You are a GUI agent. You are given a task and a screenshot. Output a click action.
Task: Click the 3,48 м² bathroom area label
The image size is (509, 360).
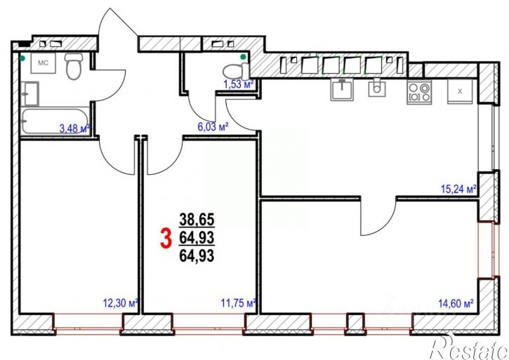[74, 128]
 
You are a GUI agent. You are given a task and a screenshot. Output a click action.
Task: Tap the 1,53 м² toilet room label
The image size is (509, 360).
[238, 84]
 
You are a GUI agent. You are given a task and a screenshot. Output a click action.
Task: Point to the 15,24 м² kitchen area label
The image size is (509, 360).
[458, 189]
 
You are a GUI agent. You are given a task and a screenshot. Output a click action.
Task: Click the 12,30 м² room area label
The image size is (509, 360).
[121, 303]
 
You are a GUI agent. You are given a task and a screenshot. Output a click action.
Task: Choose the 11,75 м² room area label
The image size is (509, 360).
[239, 303]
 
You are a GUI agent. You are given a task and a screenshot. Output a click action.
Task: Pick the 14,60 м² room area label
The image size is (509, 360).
[456, 303]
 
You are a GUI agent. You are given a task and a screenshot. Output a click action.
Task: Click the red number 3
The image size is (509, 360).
[166, 239]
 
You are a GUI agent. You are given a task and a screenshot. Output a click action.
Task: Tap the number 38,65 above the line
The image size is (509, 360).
[197, 220]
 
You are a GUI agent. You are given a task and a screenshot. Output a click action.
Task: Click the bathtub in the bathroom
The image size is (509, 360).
[55, 121]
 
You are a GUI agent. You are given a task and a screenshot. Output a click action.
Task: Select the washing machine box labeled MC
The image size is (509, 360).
[43, 63]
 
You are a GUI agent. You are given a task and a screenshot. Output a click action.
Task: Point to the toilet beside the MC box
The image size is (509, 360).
[74, 67]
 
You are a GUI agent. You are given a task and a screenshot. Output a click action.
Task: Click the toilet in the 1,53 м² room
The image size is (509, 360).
[236, 72]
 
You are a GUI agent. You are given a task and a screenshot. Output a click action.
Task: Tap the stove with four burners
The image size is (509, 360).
[419, 92]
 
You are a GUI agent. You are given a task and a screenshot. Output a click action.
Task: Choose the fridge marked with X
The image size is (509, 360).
[460, 91]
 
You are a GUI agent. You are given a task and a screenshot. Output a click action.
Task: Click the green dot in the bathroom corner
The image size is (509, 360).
[22, 58]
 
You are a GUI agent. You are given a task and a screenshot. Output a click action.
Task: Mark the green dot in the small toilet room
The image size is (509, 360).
[243, 57]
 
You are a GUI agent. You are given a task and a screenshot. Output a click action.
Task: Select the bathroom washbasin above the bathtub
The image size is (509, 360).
[30, 93]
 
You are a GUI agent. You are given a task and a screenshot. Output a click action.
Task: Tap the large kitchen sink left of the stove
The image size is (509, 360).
[342, 90]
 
